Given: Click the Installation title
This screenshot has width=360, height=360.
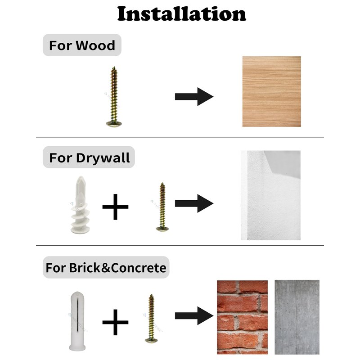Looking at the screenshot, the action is (181, 14).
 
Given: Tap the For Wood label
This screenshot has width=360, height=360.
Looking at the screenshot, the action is (82, 45).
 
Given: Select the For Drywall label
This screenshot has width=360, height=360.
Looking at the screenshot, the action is (89, 158).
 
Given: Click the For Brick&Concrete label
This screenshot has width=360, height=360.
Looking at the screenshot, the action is (106, 267).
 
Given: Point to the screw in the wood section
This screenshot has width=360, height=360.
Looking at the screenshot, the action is (114, 97).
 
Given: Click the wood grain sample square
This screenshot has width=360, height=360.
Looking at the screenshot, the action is (272, 91).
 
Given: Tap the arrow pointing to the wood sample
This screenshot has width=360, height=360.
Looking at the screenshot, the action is (194, 97).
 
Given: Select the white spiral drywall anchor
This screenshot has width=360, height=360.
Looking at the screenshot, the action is (80, 205).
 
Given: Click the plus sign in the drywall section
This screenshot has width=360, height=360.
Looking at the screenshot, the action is (115, 207).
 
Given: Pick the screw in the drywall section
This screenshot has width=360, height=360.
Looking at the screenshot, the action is (162, 207).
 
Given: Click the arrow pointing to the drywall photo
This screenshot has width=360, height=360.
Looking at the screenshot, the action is (194, 203).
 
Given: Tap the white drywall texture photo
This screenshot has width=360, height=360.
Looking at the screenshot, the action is (270, 195).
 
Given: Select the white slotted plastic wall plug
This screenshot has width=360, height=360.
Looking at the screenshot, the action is (77, 321).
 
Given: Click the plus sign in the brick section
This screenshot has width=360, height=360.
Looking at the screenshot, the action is (115, 322).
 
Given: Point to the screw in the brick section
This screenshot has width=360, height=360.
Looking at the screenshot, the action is (151, 319).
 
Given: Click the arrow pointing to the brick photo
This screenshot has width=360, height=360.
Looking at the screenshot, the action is (194, 316).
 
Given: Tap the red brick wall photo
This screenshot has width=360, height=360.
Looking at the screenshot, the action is (242, 317).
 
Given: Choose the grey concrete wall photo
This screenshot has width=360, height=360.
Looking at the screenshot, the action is (297, 317).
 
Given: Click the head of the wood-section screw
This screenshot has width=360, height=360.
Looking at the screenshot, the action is (114, 124).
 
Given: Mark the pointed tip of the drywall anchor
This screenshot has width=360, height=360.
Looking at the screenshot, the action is (81, 176).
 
